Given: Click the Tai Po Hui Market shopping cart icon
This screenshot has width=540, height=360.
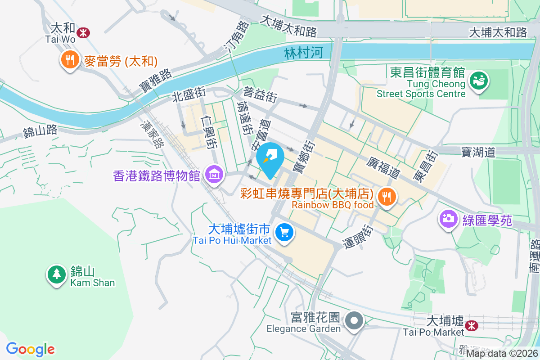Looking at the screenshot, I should [284, 233].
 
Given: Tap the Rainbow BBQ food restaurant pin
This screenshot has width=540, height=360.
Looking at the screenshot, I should [387, 196].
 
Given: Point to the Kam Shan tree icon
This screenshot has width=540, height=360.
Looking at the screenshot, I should [57, 274].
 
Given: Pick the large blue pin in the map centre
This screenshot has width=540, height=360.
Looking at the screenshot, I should [270, 158].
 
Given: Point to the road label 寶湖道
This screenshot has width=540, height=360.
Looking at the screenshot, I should [478, 152].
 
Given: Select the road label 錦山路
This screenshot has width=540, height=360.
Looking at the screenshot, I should [40, 131].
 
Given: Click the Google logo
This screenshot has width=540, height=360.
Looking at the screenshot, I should [30, 349].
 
